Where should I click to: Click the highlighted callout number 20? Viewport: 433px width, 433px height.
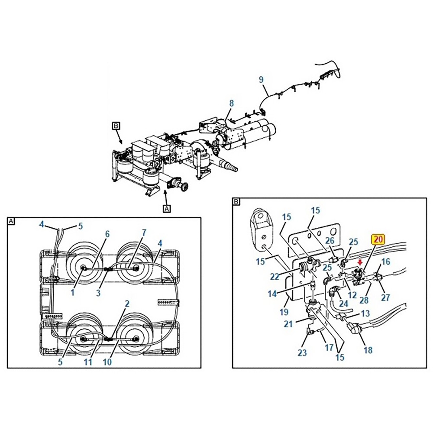pos(378,239)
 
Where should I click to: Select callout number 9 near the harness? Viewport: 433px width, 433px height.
pos(261,80)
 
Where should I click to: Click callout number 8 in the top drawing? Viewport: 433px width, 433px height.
pos(231,103)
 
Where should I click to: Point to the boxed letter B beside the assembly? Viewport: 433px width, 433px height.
pos(116,126)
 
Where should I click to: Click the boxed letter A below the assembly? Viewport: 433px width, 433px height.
pos(167,209)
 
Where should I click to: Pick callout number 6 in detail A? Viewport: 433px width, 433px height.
pos(107,234)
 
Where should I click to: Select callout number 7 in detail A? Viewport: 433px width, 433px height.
pos(144,233)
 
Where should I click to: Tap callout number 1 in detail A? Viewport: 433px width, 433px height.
pos(73,292)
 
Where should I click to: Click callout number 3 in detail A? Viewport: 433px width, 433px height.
pos(98,293)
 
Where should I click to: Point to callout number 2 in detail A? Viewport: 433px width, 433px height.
pos(127,304)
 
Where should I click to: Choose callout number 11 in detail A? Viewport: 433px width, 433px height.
pos(88,362)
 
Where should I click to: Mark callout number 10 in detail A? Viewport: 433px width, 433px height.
pos(107,362)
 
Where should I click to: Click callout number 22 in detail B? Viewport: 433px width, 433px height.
pos(275,276)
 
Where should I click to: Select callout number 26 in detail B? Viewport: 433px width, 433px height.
pos(330,240)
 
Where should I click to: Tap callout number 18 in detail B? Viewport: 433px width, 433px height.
pos(368,350)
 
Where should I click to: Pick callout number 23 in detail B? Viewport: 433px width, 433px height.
pos(302,352)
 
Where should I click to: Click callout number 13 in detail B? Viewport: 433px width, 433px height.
pos(365,313)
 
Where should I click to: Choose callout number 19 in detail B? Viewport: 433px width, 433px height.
pos(284,312)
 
